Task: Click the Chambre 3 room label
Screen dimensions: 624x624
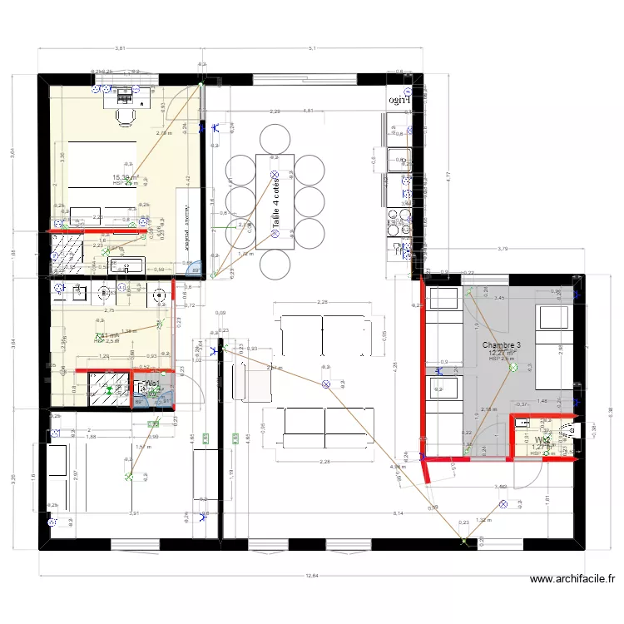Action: (x=502, y=345)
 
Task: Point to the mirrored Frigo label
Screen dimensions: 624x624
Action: (x=400, y=100)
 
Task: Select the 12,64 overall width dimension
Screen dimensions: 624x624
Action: (x=311, y=575)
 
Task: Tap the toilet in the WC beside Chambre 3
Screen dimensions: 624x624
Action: (x=569, y=431)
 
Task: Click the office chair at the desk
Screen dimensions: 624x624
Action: (x=126, y=116)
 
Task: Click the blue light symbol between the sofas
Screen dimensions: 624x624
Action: (x=326, y=384)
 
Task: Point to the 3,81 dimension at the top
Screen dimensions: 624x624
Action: (x=120, y=49)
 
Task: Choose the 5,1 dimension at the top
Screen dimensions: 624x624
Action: (x=312, y=49)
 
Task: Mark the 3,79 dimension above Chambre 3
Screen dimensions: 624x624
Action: (x=503, y=249)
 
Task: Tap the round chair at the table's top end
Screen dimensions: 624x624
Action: (x=274, y=137)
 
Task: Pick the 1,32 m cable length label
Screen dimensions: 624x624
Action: (x=487, y=521)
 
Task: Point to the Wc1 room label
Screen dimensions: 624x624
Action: (x=153, y=384)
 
